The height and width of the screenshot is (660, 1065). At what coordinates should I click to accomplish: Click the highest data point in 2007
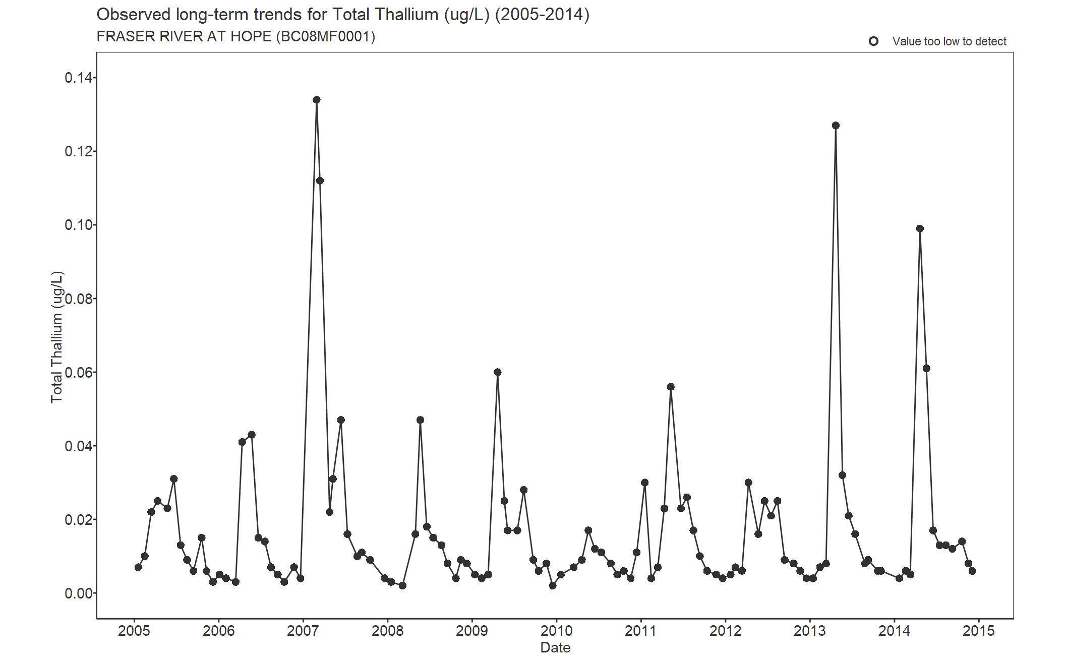[317, 100]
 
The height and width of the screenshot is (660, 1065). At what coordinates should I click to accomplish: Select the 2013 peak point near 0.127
[836, 126]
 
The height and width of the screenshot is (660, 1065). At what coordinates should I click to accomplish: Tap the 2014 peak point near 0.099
[920, 229]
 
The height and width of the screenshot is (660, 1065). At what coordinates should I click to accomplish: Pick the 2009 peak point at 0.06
[498, 372]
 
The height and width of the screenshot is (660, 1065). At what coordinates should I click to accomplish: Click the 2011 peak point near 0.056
[671, 387]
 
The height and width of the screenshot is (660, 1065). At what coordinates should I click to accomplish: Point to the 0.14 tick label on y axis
[79, 78]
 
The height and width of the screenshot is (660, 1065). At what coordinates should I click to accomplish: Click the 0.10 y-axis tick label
[79, 225]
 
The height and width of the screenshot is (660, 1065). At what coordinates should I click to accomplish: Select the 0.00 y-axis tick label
[79, 593]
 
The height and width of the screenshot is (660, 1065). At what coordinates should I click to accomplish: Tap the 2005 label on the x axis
[134, 631]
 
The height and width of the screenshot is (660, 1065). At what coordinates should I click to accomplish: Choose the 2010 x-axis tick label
[556, 631]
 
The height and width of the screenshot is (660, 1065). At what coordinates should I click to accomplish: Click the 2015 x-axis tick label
[978, 631]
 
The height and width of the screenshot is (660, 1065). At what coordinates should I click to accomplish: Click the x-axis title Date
[555, 648]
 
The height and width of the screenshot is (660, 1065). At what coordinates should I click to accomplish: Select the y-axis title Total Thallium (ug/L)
[57, 337]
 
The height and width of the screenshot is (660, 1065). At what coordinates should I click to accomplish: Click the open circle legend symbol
[874, 41]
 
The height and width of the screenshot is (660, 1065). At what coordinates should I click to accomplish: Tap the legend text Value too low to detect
[949, 41]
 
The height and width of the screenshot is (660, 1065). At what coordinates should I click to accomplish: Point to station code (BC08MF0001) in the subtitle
[326, 37]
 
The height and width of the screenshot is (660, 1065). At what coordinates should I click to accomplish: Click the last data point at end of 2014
[972, 571]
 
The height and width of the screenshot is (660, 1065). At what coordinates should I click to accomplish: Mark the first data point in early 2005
[138, 567]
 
